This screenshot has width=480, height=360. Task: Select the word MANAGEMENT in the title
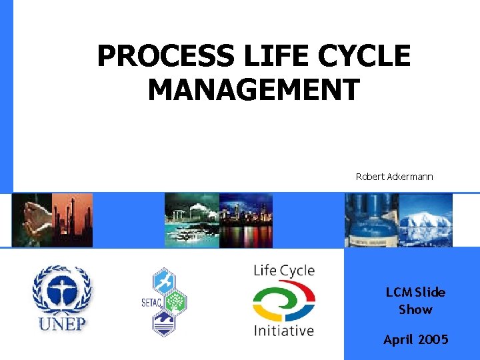coord(253,89)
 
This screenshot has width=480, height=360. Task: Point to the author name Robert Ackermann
coord(394,177)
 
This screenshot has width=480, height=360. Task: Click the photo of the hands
coord(32,220)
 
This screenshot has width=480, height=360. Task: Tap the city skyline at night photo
coord(246,220)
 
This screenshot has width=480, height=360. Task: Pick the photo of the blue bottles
coord(371,220)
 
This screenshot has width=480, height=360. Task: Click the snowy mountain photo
coord(425,220)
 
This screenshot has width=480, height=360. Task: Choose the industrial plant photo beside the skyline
coord(191,220)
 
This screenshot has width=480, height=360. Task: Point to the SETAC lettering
coord(151,304)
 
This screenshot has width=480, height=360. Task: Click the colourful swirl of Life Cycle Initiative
coord(283,301)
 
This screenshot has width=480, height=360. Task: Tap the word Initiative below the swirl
coord(283,330)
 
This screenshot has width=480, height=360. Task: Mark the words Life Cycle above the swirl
coord(283,271)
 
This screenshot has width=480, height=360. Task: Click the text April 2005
coord(415,339)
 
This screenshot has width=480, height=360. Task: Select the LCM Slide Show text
coord(415,301)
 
